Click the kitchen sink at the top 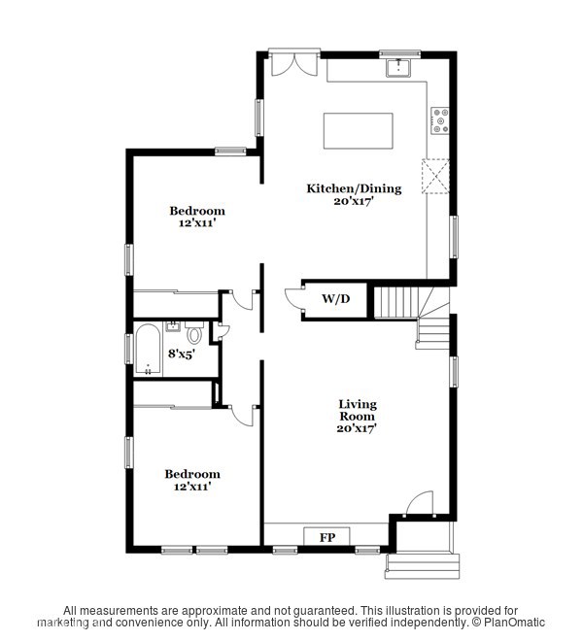tap(397, 68)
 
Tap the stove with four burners tap(440, 119)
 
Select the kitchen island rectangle tap(359, 130)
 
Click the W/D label tap(335, 299)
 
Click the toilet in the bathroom tap(195, 335)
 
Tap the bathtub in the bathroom tap(149, 349)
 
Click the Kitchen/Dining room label tap(354, 194)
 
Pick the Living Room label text tap(357, 415)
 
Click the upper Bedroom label tap(197, 217)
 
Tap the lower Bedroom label tap(193, 480)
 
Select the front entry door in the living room tap(419, 504)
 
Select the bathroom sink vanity tap(175, 325)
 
